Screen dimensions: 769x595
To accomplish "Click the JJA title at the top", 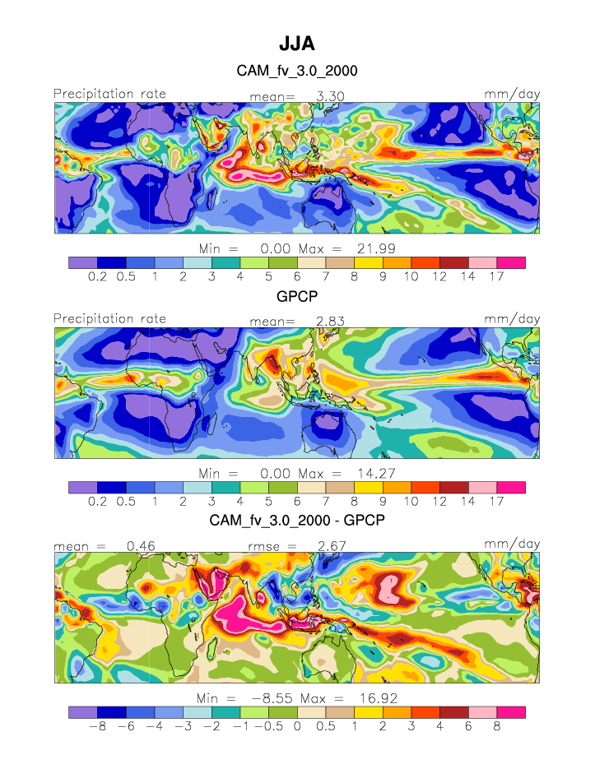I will point(297,44).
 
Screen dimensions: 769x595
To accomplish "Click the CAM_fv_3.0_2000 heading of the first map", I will point(297,72).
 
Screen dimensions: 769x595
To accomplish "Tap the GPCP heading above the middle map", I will point(297,297).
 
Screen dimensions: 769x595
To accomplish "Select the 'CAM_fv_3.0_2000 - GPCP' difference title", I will point(297,521).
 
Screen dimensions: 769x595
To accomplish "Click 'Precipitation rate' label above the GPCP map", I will point(109,319).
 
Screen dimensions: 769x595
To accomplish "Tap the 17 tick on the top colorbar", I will point(496,277).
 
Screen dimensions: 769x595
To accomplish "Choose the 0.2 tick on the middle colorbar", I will point(96,502).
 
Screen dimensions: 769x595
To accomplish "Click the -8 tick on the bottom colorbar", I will point(96,726).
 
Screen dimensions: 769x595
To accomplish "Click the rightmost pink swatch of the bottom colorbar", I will point(510,711).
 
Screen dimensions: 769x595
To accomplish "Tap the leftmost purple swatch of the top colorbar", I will point(82,262).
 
